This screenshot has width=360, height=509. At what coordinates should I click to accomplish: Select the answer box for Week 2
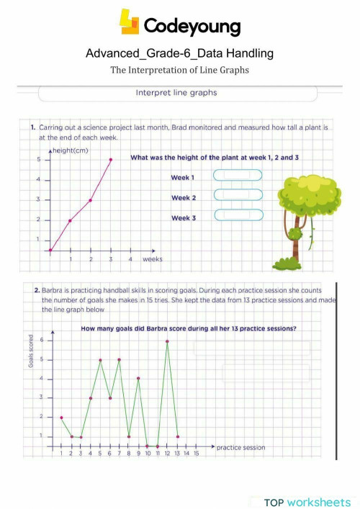coord(238,194)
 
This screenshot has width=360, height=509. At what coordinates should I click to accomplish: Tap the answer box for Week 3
coord(238,215)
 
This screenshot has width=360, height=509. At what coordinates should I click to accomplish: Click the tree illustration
coord(297,220)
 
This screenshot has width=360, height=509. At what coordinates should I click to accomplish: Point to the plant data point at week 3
coord(111,160)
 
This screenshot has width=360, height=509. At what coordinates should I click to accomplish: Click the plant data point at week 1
coord(70,220)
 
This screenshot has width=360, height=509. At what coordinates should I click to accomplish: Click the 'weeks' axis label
coord(153,258)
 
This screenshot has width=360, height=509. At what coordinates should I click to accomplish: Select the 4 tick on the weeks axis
coord(130,258)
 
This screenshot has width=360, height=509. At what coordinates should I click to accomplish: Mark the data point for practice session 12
coord(167,341)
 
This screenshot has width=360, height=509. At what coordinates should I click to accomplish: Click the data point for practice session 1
coord(61,418)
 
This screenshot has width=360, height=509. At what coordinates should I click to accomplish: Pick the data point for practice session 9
coord(138,378)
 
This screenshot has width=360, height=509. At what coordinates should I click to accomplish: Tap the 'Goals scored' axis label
coord(32,351)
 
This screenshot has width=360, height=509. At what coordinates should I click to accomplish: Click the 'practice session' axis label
coord(240,447)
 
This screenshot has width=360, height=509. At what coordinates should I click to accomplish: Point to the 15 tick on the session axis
coord(195,454)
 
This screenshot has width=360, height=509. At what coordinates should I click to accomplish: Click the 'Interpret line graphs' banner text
coord(176,93)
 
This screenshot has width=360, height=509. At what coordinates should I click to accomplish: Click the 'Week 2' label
coord(183,197)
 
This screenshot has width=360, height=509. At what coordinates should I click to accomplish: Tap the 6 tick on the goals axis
coord(42,340)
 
